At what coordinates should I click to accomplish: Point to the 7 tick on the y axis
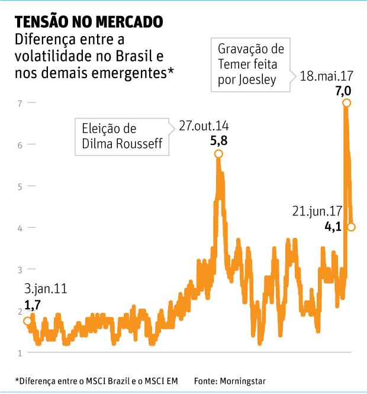[x=20, y=103]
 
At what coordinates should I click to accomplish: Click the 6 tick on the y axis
[x=20, y=144]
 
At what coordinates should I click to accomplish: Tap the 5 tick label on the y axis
[x=20, y=186]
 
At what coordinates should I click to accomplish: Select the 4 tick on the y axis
[x=20, y=228]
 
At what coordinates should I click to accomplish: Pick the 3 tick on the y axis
[x=20, y=270]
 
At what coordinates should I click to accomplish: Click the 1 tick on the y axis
[x=20, y=353]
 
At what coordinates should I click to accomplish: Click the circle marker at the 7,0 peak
[x=346, y=103]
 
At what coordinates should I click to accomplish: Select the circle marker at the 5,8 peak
[x=218, y=154]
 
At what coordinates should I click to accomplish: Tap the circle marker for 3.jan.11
[x=27, y=321]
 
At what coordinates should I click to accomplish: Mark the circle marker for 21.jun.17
[x=352, y=227]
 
